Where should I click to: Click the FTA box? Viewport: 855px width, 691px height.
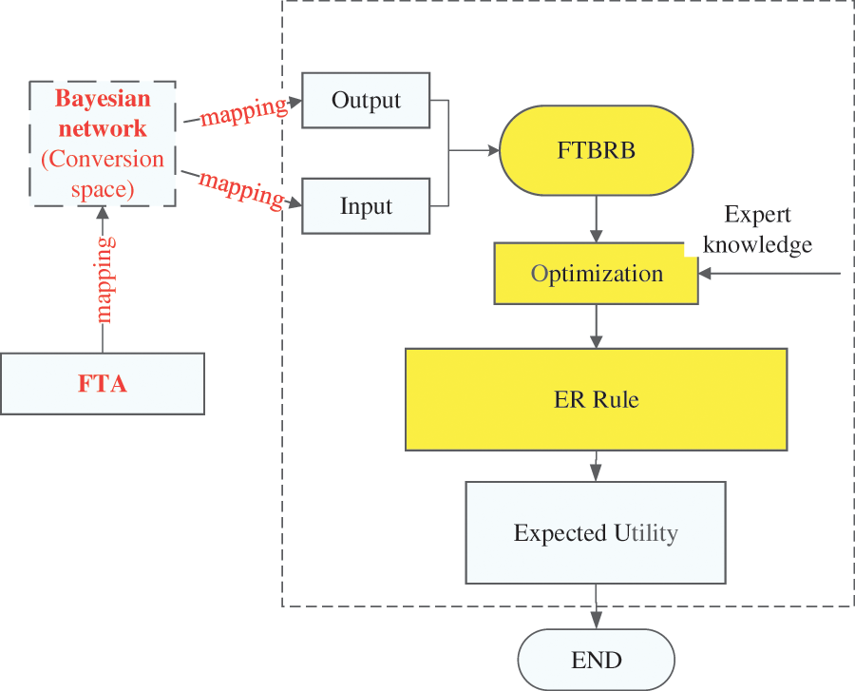point(103,384)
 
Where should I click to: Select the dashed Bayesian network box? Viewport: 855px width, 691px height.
point(103,144)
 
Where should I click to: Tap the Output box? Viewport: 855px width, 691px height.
point(366,100)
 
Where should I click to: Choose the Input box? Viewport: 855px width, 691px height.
point(366,206)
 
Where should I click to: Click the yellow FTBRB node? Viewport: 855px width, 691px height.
point(596,150)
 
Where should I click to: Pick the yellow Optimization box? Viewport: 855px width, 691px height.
point(596,274)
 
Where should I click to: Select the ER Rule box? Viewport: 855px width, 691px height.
point(596,399)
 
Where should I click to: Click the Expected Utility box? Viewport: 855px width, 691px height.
point(596,532)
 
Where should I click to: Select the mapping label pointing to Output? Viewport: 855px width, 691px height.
point(243,109)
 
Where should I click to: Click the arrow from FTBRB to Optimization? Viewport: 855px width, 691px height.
point(596,219)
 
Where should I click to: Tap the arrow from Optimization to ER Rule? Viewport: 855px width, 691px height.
point(596,326)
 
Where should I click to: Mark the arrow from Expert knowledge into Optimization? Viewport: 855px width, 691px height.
point(769,274)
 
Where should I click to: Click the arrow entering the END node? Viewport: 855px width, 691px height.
point(596,606)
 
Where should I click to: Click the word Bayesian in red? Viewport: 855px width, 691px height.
point(102,99)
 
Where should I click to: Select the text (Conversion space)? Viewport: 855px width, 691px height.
point(103,174)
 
